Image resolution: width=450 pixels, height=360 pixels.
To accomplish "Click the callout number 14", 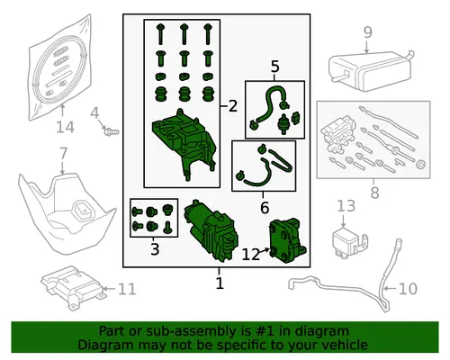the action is click(65, 127).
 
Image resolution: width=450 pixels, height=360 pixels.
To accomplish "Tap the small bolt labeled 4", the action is click(111, 131).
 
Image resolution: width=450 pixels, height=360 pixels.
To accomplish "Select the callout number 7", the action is click(63, 154).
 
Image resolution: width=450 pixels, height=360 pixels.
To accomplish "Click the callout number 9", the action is click(368, 32).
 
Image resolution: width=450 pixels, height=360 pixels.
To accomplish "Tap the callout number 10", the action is click(408, 289).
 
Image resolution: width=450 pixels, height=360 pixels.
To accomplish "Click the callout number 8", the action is click(374, 193).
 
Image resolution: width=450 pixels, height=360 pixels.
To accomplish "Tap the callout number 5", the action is click(274, 67).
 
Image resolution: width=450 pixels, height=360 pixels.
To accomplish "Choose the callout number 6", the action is click(265, 208).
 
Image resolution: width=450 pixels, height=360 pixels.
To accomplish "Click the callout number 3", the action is click(155, 249).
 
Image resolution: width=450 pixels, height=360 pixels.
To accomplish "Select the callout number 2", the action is click(233, 106).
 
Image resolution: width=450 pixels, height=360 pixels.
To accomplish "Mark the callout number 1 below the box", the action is click(220, 283).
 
